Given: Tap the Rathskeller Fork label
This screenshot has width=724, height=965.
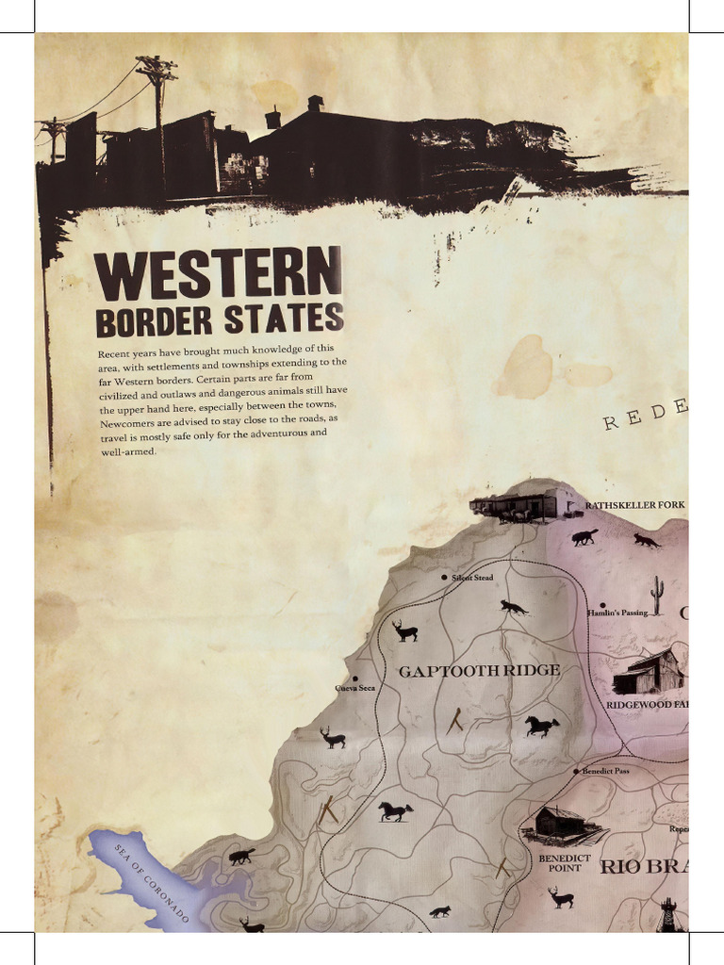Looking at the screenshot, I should [x=634, y=506].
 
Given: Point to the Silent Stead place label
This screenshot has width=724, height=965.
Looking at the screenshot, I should [x=472, y=578].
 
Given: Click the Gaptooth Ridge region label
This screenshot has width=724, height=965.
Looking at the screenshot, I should [x=479, y=671].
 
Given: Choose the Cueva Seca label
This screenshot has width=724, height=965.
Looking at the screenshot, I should [x=355, y=688].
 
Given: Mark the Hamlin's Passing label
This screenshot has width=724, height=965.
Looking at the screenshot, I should [x=617, y=613].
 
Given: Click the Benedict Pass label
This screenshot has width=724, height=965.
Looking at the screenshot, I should [x=605, y=771].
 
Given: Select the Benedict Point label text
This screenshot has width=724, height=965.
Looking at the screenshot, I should [x=565, y=863].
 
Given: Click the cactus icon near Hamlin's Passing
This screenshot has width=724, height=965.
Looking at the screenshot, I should [x=657, y=595].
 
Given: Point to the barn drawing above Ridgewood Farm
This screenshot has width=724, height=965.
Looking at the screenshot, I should [x=649, y=671].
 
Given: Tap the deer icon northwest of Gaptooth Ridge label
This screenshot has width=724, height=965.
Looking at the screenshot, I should [x=404, y=630].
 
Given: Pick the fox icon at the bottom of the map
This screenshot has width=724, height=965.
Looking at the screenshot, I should [x=439, y=911].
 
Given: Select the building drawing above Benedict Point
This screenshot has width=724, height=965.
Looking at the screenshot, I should [x=563, y=824].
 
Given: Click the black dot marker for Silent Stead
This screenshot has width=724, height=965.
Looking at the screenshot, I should [x=444, y=578].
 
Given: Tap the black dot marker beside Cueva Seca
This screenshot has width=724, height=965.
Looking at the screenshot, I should [x=354, y=679].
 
